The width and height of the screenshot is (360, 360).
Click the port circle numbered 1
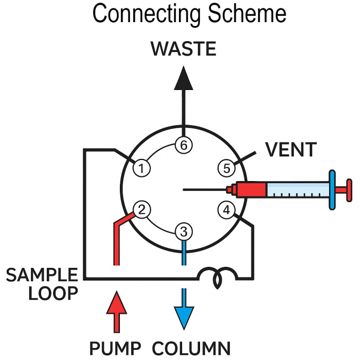(141, 168)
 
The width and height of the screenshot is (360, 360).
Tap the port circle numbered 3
(183, 231)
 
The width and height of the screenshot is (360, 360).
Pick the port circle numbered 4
(225, 210)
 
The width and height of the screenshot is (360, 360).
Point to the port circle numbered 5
(225, 168)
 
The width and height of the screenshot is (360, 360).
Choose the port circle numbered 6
(183, 146)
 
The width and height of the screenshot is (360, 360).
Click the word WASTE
(183, 49)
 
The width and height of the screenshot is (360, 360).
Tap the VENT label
(291, 150)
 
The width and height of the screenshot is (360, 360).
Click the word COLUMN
(191, 347)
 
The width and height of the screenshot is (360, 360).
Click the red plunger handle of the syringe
(348, 188)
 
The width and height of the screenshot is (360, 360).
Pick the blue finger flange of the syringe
(332, 189)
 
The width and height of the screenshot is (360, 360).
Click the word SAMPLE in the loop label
(42, 276)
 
